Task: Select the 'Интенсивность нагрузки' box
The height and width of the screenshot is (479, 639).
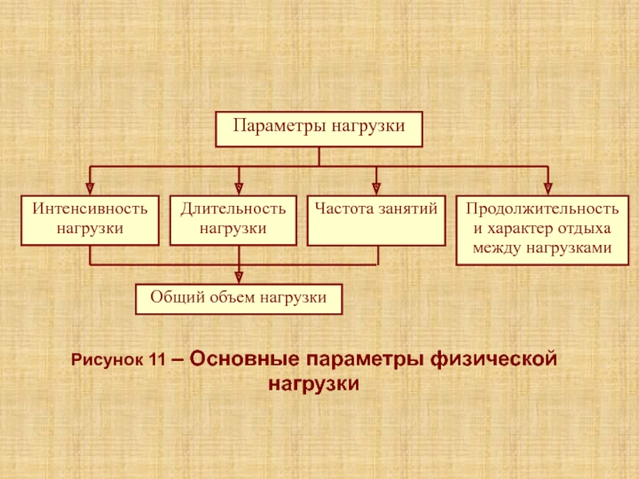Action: pos(89,220)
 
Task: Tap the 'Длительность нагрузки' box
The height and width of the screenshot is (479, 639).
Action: pos(232,220)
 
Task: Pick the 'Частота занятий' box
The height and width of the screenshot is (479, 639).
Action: pos(375,220)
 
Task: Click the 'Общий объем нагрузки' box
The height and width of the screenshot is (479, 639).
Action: pos(239,299)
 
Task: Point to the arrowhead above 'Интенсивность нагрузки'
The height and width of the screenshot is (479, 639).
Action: pos(90,188)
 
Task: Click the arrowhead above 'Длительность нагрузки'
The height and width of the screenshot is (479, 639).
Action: pos(239,188)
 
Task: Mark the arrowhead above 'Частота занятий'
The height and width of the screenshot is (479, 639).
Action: pos(376,188)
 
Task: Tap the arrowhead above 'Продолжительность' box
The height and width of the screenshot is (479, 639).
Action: pos(547,188)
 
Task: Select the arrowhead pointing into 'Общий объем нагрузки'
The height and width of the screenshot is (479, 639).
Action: pos(239,277)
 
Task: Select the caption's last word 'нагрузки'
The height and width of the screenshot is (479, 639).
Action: pos(313,383)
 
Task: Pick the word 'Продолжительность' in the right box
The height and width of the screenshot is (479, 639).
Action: pos(542,209)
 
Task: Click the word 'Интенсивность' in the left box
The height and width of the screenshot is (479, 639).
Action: pos(89,209)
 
